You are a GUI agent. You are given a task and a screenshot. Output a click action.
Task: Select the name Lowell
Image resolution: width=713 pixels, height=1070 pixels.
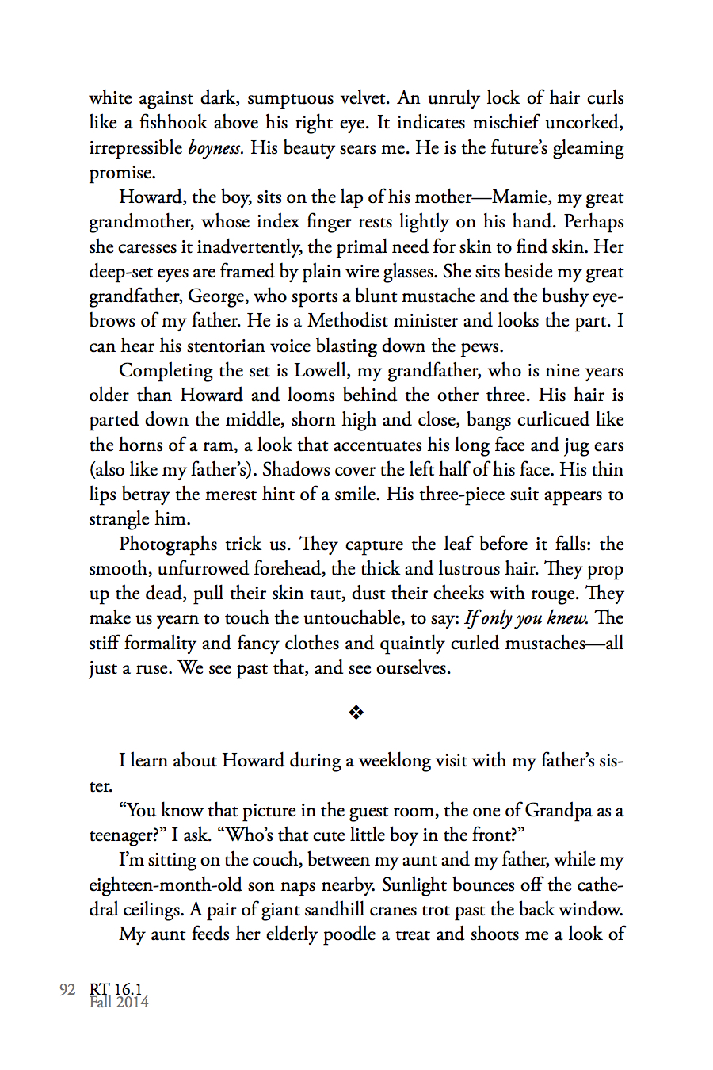point(321,371)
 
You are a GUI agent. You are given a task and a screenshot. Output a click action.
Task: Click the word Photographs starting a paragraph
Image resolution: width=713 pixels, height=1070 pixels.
point(167,545)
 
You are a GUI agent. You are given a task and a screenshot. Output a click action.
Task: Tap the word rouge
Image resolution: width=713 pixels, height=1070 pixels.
point(559,594)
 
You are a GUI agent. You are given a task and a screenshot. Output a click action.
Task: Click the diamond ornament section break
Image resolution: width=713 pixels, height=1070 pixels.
point(356,713)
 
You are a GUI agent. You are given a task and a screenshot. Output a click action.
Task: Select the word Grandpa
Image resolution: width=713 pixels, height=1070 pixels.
point(559,811)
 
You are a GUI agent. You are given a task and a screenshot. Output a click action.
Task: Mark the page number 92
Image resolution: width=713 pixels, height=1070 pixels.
point(67,989)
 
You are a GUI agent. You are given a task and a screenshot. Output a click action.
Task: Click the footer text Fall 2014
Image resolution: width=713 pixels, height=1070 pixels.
point(119,1003)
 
